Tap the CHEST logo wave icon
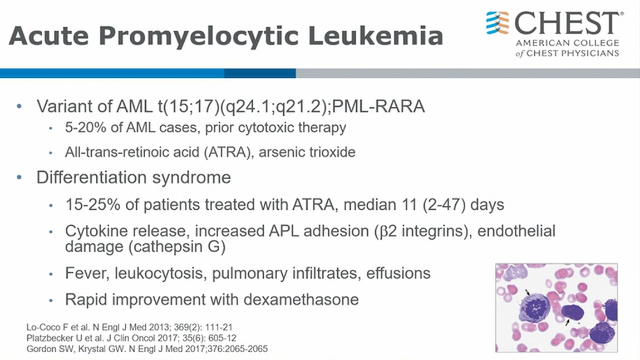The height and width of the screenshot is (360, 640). (497, 23)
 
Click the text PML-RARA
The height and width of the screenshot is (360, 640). (378, 106)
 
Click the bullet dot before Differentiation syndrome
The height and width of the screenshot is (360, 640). (19, 177)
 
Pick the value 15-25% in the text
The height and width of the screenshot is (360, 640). (93, 205)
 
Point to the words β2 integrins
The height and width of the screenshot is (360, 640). (422, 231)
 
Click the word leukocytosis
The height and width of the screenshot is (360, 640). (159, 273)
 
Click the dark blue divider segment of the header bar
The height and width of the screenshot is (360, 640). (260, 73)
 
